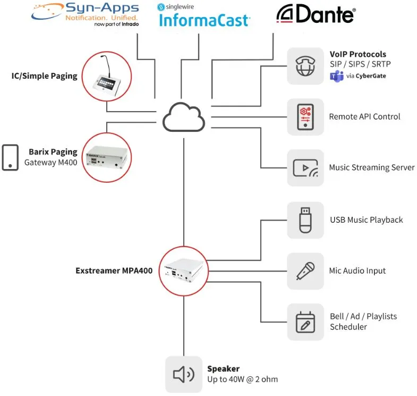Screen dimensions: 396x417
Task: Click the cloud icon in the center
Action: (184, 116)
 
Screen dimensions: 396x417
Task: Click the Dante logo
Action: (316, 15)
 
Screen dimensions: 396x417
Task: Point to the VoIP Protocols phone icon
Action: (305, 66)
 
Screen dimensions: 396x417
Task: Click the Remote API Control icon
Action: (305, 116)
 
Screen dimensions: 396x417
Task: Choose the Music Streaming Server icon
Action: (305, 167)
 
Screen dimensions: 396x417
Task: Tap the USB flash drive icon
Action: (305, 220)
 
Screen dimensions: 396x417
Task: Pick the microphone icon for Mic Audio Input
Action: (305, 271)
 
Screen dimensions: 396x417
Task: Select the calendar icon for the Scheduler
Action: (305, 322)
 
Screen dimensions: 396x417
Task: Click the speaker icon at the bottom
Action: (184, 374)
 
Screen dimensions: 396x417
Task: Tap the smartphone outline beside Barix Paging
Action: (10, 157)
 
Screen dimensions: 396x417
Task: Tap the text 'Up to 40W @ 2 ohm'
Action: (242, 380)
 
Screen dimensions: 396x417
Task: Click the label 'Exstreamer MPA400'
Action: (114, 271)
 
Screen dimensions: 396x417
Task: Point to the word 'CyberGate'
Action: (371, 76)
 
